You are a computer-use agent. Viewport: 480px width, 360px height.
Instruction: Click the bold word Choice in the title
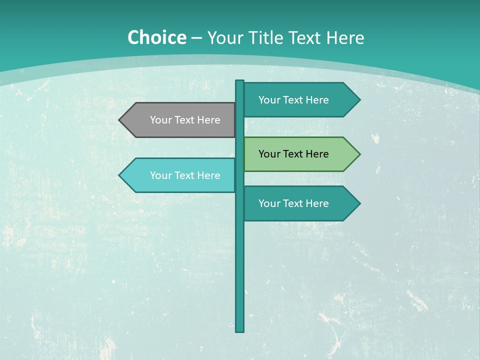point(156,37)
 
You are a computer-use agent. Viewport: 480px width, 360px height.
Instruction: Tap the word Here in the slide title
point(345,37)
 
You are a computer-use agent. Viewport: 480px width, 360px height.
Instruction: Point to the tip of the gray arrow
point(119,120)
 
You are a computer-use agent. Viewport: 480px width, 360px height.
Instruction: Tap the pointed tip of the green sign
point(359,154)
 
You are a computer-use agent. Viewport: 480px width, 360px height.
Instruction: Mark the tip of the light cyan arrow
point(119,175)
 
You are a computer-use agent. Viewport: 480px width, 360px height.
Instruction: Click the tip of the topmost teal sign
point(359,100)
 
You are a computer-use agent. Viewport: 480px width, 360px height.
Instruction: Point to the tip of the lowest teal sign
point(359,203)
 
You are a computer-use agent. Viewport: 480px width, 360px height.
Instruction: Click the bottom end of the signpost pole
point(240,330)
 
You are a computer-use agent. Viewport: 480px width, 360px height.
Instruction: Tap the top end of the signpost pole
point(240,81)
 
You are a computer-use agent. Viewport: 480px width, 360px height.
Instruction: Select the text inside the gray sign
point(185,120)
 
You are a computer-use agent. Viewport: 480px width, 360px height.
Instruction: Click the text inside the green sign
point(293,154)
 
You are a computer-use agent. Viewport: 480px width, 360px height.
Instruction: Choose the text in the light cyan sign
point(185,175)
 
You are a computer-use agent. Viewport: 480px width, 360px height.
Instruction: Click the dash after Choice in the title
point(196,38)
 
